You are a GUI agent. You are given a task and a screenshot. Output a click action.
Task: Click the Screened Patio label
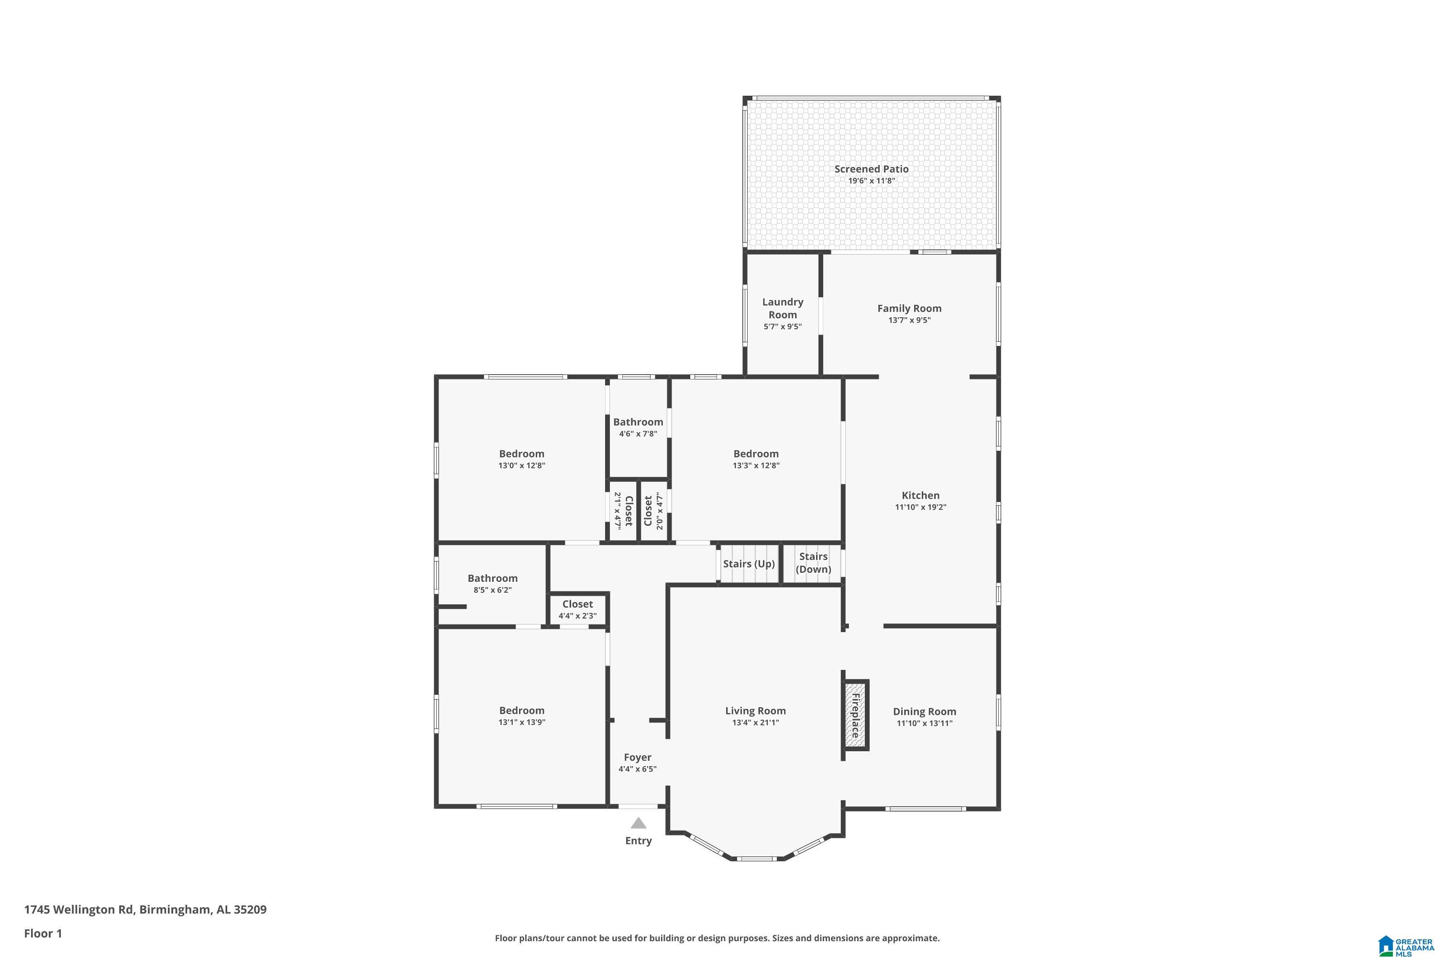pyautogui.click(x=871, y=169)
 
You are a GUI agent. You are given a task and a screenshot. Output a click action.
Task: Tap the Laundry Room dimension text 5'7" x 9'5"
pyautogui.click(x=782, y=326)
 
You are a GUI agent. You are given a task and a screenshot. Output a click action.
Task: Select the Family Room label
pyautogui.click(x=909, y=308)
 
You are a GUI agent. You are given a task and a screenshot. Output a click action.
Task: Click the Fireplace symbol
pyautogui.click(x=856, y=715)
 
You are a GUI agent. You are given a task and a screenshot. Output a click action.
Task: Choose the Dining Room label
pyautogui.click(x=924, y=711)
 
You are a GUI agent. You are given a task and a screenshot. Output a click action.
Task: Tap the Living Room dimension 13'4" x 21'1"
pyautogui.click(x=755, y=723)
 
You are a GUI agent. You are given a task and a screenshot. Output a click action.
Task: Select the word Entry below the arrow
pyautogui.click(x=638, y=841)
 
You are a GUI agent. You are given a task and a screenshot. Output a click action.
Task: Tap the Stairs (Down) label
pyautogui.click(x=813, y=563)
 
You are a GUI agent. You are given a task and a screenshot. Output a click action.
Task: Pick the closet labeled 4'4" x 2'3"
pyautogui.click(x=577, y=610)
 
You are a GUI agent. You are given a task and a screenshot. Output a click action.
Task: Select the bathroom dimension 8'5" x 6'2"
pyautogui.click(x=492, y=590)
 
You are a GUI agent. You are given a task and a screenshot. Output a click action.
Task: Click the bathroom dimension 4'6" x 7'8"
pyautogui.click(x=638, y=434)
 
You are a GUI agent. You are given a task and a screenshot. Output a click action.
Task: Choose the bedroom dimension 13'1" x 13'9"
pyautogui.click(x=522, y=722)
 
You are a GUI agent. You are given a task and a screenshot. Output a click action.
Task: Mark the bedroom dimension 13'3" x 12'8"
pyautogui.click(x=756, y=465)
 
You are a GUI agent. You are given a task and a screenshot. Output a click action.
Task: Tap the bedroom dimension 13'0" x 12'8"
pyautogui.click(x=522, y=465)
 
